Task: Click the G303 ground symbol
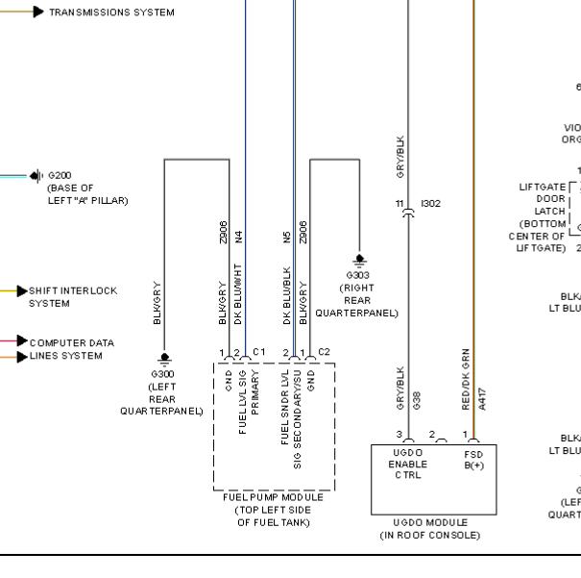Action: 359,259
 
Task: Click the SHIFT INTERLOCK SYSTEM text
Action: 73,296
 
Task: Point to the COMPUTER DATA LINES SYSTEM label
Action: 72,349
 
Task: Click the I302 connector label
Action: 430,204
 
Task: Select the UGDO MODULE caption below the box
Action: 429,528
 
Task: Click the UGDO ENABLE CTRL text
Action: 407,463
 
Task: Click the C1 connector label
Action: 258,352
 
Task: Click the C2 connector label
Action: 325,352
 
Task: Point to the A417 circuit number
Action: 483,399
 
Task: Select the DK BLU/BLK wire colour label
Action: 287,291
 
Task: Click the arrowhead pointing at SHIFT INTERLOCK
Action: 22,290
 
